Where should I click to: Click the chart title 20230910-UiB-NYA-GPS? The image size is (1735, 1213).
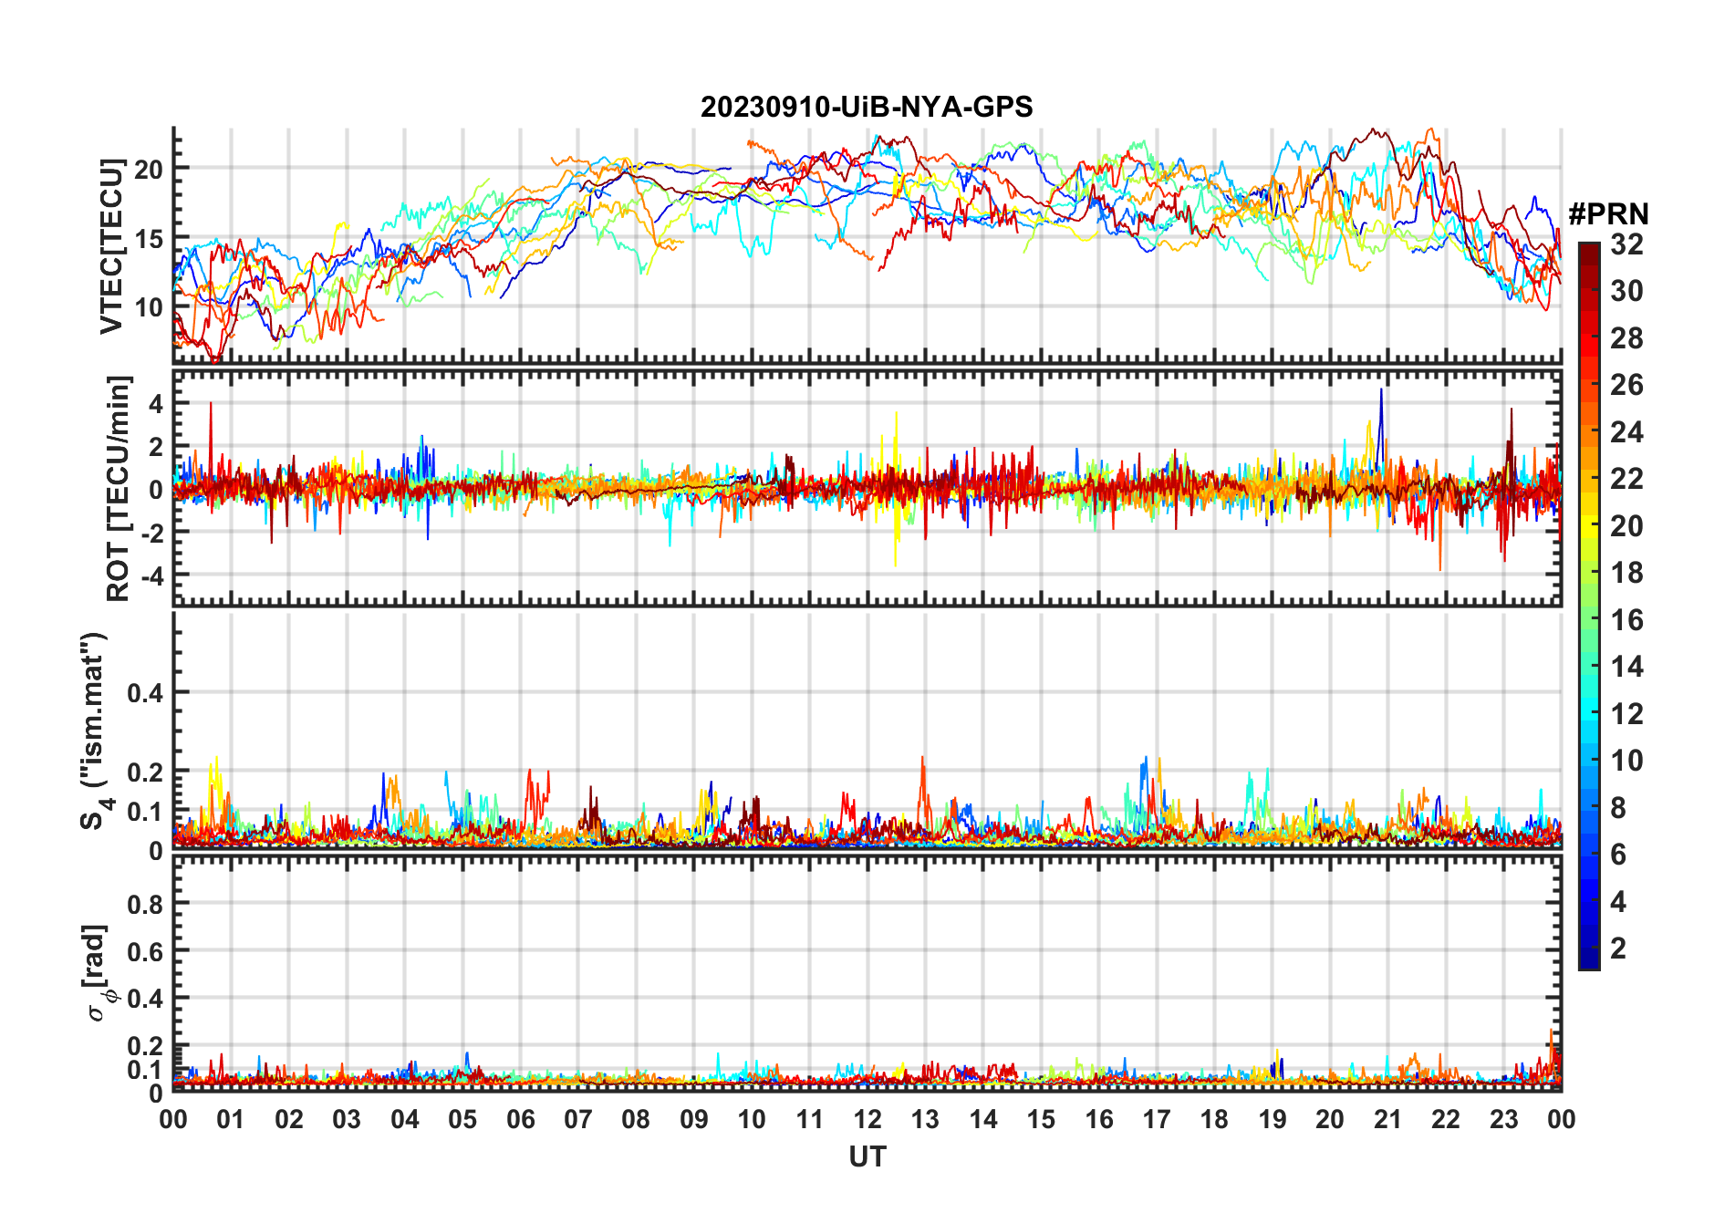(867, 108)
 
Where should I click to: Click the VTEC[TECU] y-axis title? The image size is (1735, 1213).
(111, 246)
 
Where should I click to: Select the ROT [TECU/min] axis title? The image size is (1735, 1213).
(118, 488)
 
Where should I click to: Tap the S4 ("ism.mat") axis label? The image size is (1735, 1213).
(95, 731)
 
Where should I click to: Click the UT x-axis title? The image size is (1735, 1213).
(867, 1157)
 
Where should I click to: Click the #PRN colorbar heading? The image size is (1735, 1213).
(1608, 214)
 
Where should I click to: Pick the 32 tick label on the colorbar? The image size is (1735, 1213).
(1626, 244)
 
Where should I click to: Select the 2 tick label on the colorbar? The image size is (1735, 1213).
(1618, 949)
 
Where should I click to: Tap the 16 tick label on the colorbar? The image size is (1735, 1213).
(1626, 620)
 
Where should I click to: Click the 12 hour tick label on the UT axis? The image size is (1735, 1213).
(867, 1120)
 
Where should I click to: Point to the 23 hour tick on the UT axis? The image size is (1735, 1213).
(1503, 1120)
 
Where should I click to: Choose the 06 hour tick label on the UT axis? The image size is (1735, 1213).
(520, 1120)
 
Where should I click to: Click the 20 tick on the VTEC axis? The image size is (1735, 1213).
(149, 169)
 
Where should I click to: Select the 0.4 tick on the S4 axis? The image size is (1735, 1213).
(145, 693)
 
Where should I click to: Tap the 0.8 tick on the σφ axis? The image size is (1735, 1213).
(145, 904)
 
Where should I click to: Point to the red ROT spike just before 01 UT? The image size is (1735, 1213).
(211, 405)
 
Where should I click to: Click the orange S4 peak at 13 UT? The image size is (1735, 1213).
(923, 759)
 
